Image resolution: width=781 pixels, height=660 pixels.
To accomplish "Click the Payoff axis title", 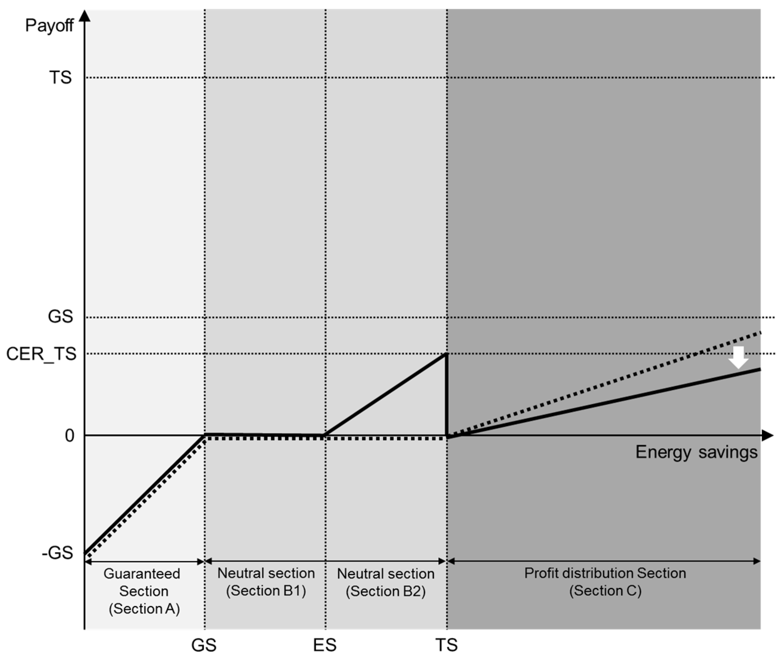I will click(49, 26).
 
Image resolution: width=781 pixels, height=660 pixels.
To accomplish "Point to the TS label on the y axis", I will click(60, 77).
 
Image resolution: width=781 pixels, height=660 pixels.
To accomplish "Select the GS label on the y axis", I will click(60, 317).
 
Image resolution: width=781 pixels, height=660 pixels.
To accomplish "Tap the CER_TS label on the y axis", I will click(41, 354).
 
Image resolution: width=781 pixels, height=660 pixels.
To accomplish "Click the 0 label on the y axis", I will click(70, 436).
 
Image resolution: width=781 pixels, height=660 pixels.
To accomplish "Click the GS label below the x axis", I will click(204, 645).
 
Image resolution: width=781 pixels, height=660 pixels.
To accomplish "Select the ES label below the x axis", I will click(325, 645).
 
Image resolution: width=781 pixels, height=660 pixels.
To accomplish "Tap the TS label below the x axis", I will click(446, 645).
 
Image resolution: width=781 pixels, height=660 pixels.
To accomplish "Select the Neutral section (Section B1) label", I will click(266, 582).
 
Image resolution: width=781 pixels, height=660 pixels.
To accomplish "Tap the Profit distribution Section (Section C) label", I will click(605, 582).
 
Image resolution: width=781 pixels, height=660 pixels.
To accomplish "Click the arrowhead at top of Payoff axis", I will click(85, 16).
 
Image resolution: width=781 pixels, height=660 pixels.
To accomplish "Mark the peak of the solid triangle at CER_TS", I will click(445, 354).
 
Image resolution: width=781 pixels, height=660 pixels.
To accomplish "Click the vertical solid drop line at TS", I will click(446, 397).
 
